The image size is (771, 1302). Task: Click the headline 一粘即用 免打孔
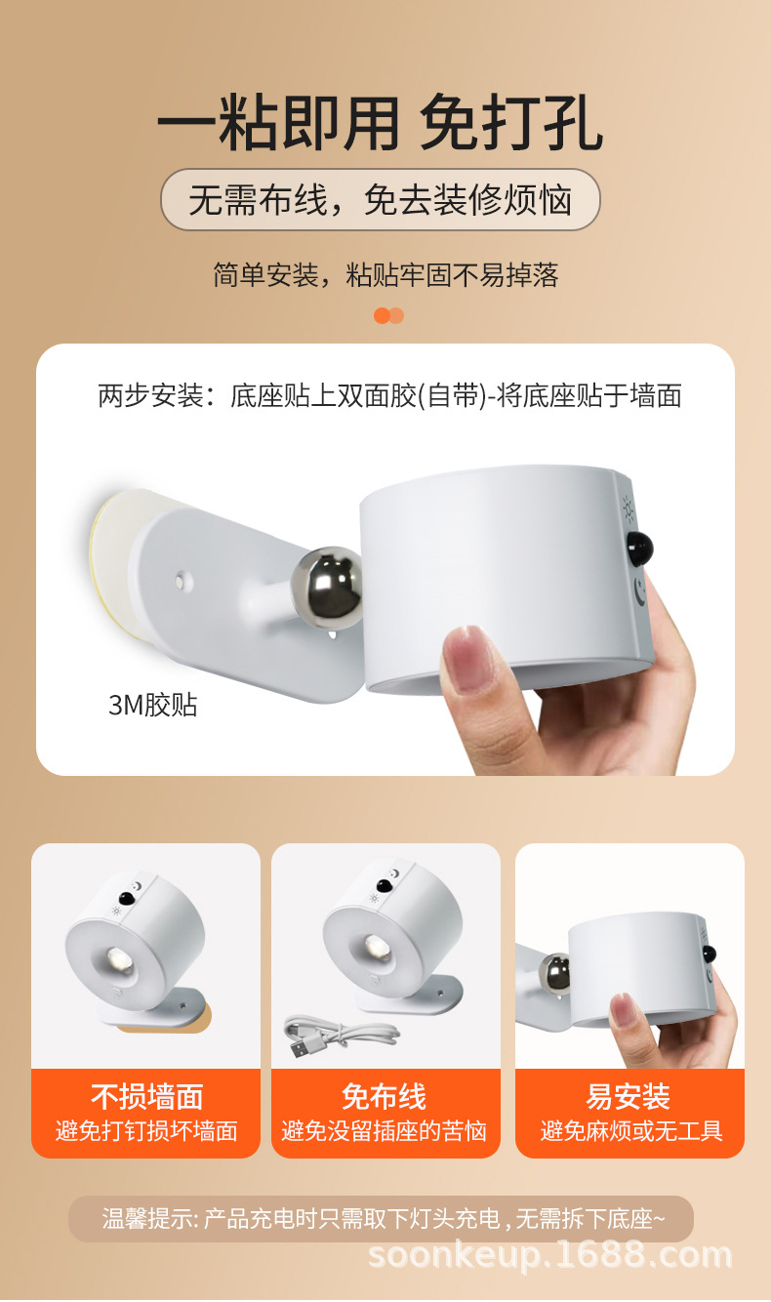(381, 123)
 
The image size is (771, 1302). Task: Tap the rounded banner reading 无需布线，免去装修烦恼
(381, 199)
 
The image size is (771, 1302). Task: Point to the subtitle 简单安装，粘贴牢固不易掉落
(385, 275)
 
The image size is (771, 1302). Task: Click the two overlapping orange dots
(388, 315)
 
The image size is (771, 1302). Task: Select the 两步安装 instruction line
(389, 396)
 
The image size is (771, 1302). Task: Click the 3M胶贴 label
(153, 705)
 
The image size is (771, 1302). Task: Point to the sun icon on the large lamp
(629, 509)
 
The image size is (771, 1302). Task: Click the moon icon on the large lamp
(639, 590)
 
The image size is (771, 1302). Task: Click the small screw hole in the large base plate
(183, 579)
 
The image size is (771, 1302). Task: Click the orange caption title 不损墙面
(146, 1097)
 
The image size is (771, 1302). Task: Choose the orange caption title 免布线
(385, 1097)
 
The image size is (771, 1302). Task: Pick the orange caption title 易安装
(629, 1097)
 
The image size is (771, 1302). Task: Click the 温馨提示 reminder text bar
(382, 1219)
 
